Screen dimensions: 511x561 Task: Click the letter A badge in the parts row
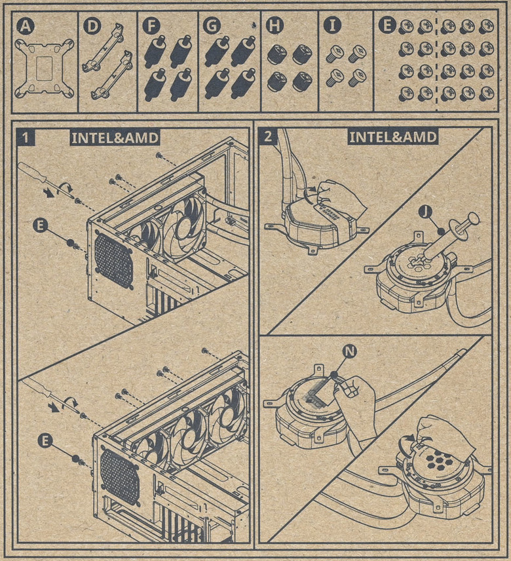tap(26, 26)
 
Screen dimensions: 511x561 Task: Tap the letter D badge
tap(92, 26)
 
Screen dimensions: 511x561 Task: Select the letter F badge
tap(151, 26)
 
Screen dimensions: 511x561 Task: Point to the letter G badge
tap(212, 26)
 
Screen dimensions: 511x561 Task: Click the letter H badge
tap(274, 26)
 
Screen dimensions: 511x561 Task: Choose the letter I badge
tap(333, 26)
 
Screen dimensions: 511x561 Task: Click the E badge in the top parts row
tap(387, 26)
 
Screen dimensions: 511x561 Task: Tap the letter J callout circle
tap(426, 212)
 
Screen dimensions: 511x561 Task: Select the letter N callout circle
tap(350, 352)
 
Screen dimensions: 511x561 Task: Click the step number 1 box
tap(26, 138)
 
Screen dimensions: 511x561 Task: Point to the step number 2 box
tap(268, 137)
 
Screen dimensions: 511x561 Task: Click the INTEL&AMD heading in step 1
tap(115, 138)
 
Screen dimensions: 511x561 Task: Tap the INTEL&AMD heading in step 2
tap(392, 137)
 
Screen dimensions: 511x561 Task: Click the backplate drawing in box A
tap(45, 68)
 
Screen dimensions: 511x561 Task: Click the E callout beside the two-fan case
tap(41, 225)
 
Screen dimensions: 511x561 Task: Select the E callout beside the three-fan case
tap(45, 440)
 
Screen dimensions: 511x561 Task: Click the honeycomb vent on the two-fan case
tap(113, 260)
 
